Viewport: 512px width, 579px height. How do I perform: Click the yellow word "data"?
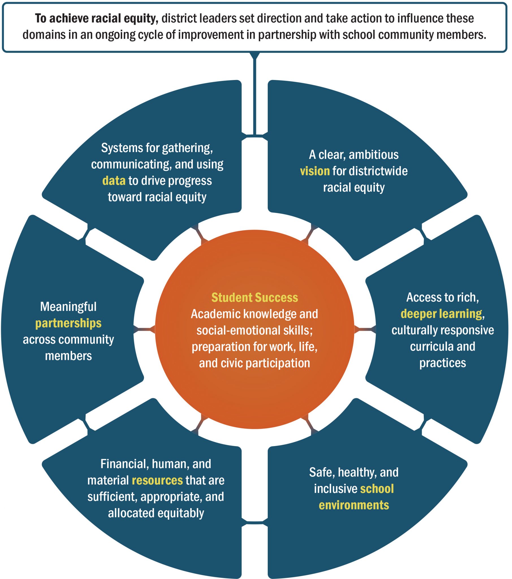114,181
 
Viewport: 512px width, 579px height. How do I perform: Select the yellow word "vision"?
314,171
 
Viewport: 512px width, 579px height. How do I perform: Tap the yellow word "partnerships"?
68,323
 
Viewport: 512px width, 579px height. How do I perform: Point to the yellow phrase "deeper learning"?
441,314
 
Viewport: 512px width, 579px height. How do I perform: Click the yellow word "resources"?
157,480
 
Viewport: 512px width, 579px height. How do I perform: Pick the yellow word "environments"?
354,505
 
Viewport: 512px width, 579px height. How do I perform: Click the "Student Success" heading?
254,298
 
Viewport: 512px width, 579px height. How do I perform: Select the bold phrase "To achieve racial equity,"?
96,19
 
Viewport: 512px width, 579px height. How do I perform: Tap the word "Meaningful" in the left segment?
68,307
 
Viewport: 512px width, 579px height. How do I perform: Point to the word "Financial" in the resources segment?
124,464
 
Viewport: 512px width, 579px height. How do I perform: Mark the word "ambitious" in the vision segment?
373,155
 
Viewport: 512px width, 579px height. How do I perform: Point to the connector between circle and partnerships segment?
144,329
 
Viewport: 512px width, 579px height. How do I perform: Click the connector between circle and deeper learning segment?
365,329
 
